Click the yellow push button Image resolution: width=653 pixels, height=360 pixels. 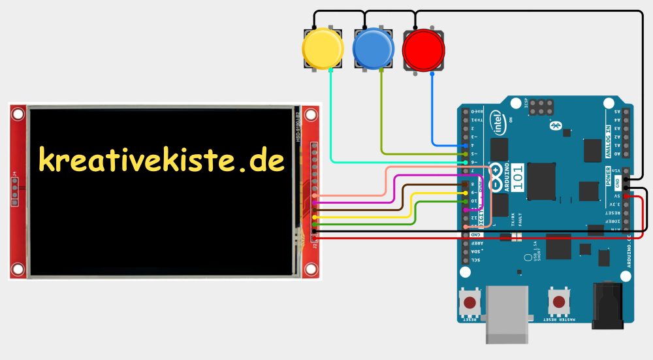[x=323, y=48]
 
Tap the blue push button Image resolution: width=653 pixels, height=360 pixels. [x=374, y=48]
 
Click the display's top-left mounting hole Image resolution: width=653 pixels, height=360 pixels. [x=18, y=115]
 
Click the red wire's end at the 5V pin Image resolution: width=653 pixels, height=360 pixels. [x=626, y=195]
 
